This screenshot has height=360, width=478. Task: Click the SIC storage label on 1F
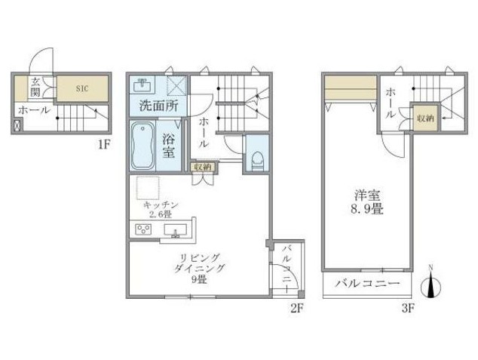[82, 89]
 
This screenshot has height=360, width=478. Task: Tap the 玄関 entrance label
[35, 88]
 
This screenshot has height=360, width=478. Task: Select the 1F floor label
[103, 144]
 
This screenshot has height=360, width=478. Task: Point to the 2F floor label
[296, 309]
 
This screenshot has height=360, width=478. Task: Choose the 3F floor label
[408, 309]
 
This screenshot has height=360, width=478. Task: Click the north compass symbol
[431, 285]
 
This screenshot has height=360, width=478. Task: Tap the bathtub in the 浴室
[142, 146]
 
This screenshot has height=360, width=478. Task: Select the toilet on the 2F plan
[258, 162]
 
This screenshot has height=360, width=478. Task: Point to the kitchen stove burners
[143, 229]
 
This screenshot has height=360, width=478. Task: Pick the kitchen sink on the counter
[176, 230]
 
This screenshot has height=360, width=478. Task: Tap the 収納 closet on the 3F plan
[425, 118]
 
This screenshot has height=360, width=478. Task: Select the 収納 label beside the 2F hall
[203, 167]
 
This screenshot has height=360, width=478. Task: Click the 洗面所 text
[159, 106]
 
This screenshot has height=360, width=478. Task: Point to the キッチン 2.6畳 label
[161, 209]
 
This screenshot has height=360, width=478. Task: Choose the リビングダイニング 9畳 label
[199, 268]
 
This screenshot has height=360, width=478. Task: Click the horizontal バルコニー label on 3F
[368, 284]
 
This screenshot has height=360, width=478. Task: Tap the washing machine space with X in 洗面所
[176, 86]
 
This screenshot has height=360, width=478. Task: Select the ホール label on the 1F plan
[34, 110]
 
